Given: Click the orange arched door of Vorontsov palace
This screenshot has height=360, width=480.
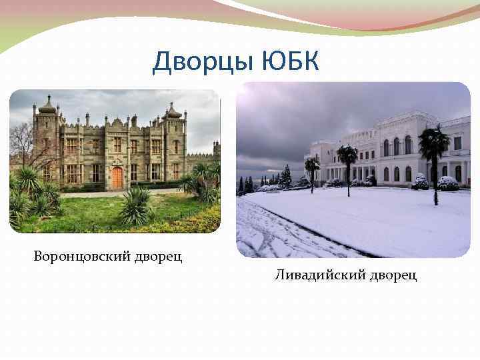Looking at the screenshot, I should point(117,177).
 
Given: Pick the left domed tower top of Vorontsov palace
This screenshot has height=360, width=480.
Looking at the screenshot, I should point(47,106).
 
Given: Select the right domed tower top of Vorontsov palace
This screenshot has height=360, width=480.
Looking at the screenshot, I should point(173,111).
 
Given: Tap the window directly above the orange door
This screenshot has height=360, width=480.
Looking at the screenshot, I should point(117,145).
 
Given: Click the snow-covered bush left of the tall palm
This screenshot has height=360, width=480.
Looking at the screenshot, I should point(420,182).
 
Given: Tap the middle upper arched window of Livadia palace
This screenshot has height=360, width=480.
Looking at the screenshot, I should point(397,146).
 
